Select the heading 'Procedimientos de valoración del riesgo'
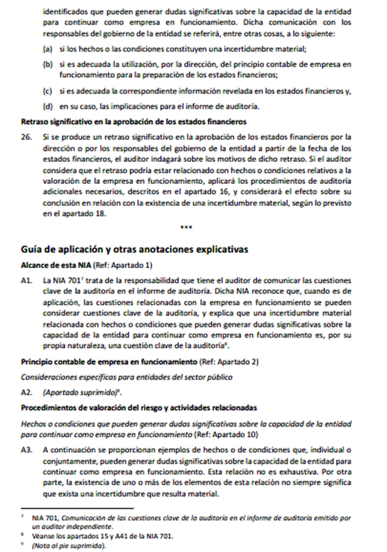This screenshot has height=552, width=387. click(139, 406)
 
